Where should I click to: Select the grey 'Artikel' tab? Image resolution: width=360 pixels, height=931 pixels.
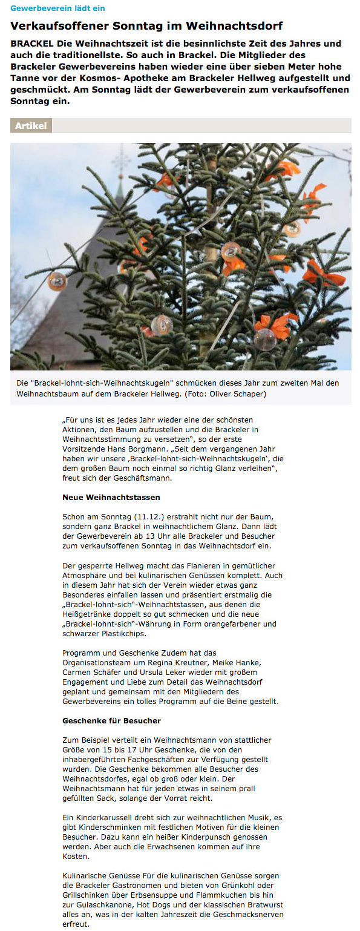[31, 126]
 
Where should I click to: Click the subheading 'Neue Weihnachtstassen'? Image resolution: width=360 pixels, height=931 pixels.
[103, 497]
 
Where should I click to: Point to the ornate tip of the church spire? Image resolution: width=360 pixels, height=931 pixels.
[122, 159]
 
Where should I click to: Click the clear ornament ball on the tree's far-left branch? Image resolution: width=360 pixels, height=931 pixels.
[57, 280]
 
